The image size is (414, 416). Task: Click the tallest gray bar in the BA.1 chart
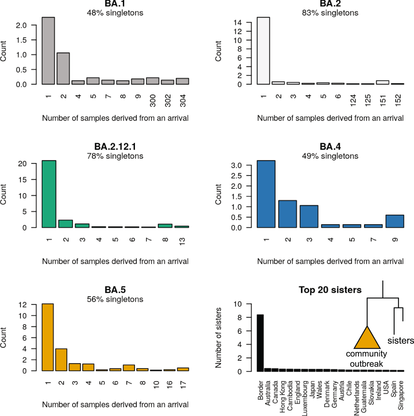(x=48, y=51)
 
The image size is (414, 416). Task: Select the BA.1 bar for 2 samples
(x=63, y=69)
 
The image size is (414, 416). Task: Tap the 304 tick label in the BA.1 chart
(x=183, y=101)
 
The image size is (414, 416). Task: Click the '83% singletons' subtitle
(x=330, y=13)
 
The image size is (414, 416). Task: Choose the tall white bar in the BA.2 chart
(x=263, y=51)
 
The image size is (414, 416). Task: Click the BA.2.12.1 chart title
(x=115, y=146)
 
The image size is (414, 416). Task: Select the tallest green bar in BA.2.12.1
(x=49, y=194)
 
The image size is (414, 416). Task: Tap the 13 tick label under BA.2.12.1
(x=182, y=241)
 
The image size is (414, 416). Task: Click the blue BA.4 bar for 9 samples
(x=395, y=221)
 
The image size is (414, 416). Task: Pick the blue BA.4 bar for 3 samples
(x=309, y=217)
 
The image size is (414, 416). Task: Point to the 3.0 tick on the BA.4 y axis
(x=236, y=165)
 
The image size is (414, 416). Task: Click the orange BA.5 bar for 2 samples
(x=61, y=360)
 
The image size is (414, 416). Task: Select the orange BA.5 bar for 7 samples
(x=129, y=368)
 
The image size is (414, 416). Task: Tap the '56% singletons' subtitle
(x=115, y=299)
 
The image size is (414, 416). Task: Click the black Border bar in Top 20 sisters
(x=260, y=343)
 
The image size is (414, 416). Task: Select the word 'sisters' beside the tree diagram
(x=400, y=341)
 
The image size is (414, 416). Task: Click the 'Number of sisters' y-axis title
(x=218, y=338)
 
